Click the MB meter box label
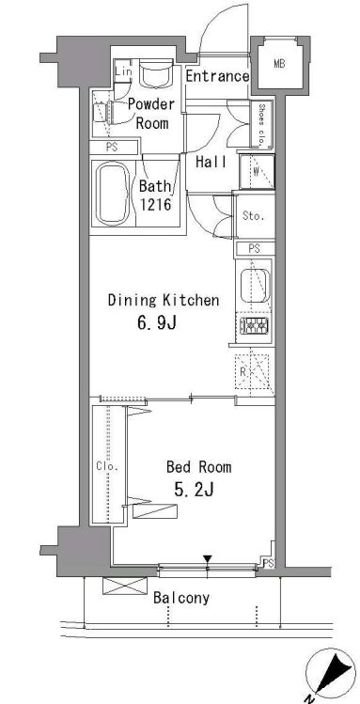pyautogui.click(x=279, y=64)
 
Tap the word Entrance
pyautogui.click(x=217, y=77)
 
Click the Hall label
pyautogui.click(x=211, y=163)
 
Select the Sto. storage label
pyautogui.click(x=254, y=216)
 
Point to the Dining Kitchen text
pyautogui.click(x=164, y=301)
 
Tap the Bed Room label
pyautogui.click(x=198, y=466)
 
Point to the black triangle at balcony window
pyautogui.click(x=208, y=561)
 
